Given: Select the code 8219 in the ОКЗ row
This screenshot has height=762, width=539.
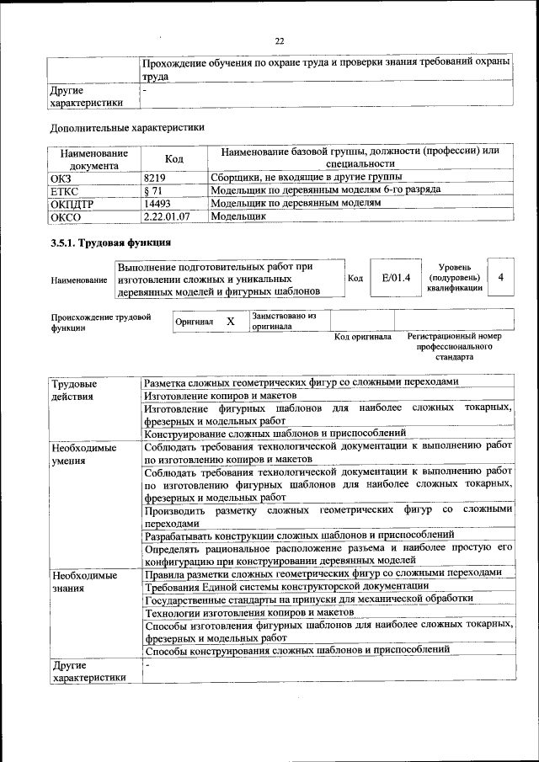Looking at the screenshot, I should click(155, 178).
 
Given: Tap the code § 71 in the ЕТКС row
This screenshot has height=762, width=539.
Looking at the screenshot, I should click(152, 190).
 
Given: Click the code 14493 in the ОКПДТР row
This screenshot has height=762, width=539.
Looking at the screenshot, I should click(157, 203).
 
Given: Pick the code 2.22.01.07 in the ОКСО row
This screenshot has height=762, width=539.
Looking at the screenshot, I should click(167, 216).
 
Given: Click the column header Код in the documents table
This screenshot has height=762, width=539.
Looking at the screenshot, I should click(173, 158).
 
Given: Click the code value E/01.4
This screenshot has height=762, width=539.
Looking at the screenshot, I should click(395, 279).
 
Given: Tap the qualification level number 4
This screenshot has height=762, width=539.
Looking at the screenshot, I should click(502, 278).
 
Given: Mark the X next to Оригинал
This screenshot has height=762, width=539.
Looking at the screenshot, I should click(230, 321).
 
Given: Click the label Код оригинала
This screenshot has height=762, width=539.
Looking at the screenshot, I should click(363, 337).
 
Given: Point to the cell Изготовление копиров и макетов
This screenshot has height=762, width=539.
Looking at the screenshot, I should click(221, 394).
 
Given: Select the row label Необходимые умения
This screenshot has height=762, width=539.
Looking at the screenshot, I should click(83, 455).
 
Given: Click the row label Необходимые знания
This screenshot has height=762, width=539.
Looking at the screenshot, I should click(83, 581).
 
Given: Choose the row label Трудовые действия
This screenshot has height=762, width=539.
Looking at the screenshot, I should click(73, 389).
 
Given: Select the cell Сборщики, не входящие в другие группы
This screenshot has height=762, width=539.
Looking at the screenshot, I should click(305, 178).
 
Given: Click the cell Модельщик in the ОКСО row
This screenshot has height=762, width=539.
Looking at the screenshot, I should click(237, 216).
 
